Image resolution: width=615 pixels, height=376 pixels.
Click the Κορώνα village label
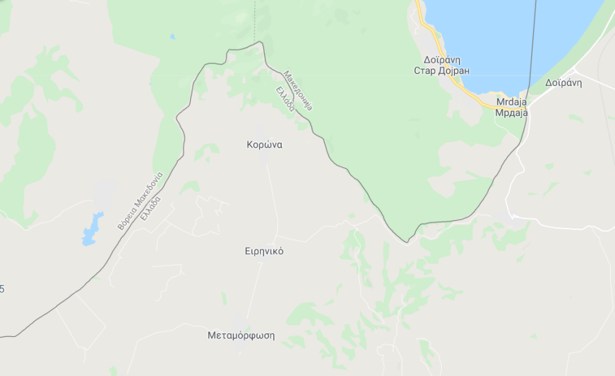click(264, 145)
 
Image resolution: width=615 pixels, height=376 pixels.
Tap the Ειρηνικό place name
click(264, 251)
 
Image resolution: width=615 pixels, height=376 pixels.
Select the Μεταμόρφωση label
click(241, 335)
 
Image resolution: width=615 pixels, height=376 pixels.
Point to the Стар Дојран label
click(442, 71)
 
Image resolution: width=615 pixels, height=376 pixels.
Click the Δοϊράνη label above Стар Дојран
click(442, 60)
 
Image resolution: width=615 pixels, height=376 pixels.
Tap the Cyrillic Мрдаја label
click(511, 112)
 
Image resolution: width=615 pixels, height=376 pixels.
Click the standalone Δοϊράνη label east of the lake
click(564, 82)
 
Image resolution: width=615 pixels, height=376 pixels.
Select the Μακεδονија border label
click(299, 90)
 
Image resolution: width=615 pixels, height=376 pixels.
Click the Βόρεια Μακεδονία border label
click(140, 201)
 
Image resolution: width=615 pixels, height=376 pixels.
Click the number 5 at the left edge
click(2, 289)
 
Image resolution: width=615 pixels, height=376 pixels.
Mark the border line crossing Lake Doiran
click(534, 42)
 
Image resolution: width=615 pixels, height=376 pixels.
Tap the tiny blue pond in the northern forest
click(173, 36)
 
